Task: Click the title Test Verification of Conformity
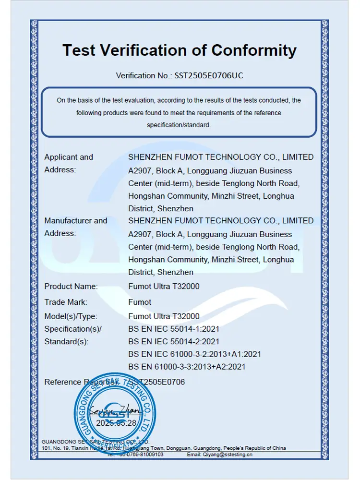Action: coord(180,50)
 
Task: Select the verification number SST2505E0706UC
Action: coord(205,75)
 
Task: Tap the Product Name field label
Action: coord(71,287)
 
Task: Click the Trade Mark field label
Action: coord(66,302)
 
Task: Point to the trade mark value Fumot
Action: coord(140,302)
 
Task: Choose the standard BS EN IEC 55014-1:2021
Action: coord(174,329)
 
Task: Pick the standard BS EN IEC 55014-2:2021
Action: coord(174,342)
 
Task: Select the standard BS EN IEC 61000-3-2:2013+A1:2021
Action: coord(194,354)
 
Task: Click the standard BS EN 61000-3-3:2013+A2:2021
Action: coord(187,367)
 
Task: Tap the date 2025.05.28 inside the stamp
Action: coord(117,423)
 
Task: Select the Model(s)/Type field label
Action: coord(71,316)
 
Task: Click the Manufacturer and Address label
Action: coord(76,227)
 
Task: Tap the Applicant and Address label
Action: coord(69,163)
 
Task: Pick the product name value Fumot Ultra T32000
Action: coord(164,287)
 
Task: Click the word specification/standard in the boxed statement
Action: coord(179,125)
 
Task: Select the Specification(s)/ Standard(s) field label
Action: coord(73,335)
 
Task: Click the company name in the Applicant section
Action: coord(221,157)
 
